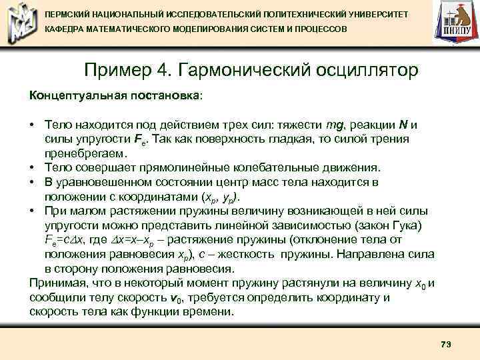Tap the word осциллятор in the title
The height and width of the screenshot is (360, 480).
[x=354, y=70]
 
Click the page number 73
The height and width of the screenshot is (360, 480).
[x=446, y=343]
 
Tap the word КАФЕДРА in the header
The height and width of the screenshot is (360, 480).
[x=66, y=31]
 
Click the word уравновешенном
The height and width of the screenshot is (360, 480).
[x=101, y=182]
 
